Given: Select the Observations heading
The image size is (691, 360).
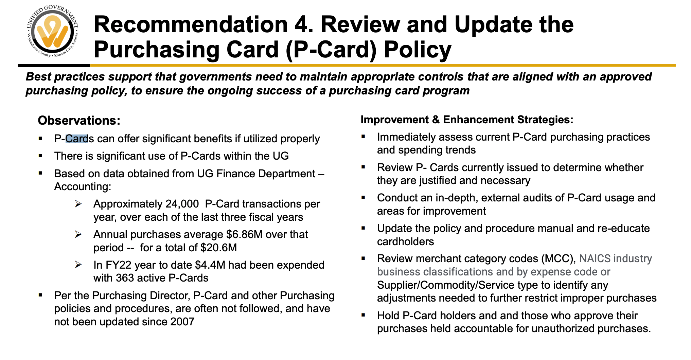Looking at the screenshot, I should (x=79, y=121).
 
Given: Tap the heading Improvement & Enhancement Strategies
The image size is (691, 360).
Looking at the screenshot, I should (x=467, y=120).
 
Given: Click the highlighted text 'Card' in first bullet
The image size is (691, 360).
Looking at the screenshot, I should (x=77, y=139).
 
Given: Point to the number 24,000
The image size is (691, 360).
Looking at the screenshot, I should (x=182, y=204).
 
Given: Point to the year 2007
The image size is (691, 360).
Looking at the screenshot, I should (x=182, y=322).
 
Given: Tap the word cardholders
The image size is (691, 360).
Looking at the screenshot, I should (x=405, y=241).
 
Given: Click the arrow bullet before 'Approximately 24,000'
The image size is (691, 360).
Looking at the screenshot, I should (x=78, y=204).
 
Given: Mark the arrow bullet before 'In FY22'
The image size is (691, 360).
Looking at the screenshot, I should (x=78, y=265).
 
